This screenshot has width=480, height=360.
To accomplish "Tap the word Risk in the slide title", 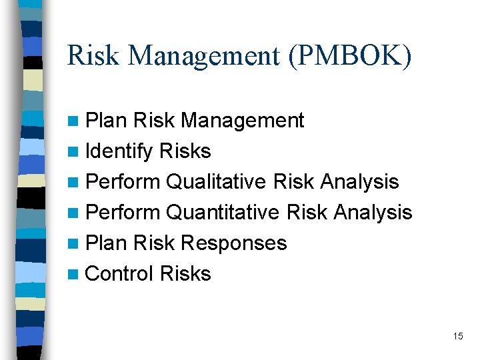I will [x=93, y=56].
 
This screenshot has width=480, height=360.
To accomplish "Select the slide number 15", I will [x=457, y=336].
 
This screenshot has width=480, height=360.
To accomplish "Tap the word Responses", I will [x=233, y=243].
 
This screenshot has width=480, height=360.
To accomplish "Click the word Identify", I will [x=119, y=152].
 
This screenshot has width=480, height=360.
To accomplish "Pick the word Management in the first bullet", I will [x=243, y=121].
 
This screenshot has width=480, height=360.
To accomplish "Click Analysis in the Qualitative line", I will [x=359, y=181].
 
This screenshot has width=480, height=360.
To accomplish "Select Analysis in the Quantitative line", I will [x=373, y=212].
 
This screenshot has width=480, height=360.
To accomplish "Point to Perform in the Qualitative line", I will [x=123, y=181].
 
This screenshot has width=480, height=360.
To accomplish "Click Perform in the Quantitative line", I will [x=123, y=212].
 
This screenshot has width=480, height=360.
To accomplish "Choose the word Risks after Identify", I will [x=185, y=151].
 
